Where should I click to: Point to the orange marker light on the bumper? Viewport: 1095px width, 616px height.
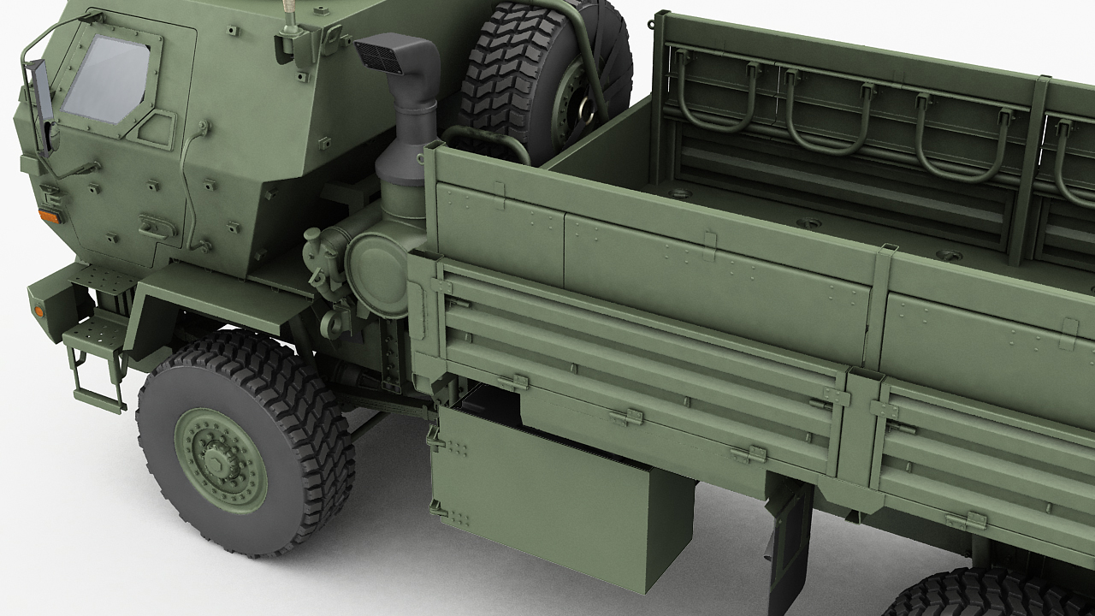point(38,311)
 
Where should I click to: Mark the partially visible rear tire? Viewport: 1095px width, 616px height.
point(984,595)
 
